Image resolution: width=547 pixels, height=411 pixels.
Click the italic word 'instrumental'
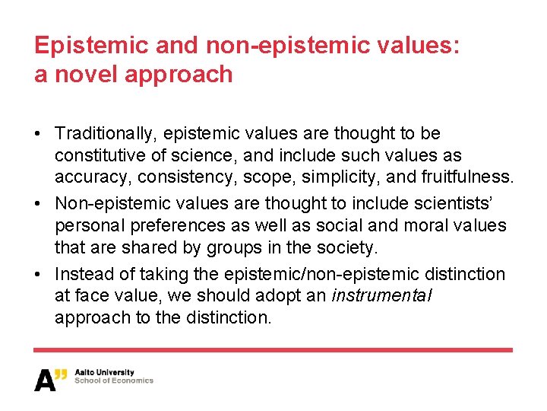(x=381, y=296)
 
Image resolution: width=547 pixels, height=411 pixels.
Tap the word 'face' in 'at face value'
(x=92, y=296)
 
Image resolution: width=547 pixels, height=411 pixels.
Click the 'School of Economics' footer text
(x=114, y=381)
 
